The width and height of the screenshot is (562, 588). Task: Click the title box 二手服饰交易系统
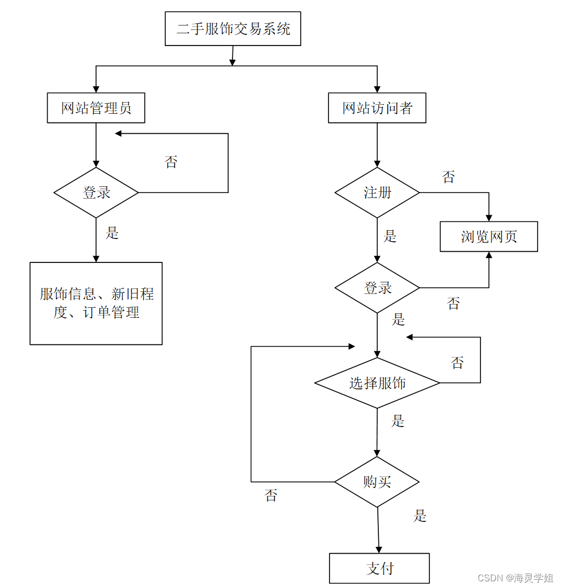point(233,29)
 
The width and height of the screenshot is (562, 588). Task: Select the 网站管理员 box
point(96,108)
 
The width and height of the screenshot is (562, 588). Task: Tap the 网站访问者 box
point(377,108)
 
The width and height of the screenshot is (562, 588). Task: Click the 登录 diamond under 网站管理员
point(96,192)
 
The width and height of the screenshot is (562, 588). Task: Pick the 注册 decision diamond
point(377,192)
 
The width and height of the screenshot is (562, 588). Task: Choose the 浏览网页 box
point(489,237)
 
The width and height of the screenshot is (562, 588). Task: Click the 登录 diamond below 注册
point(377,288)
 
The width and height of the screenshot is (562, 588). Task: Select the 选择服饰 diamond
point(377,383)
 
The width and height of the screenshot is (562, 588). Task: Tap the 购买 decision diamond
point(377,482)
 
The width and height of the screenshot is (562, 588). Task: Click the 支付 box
point(379,568)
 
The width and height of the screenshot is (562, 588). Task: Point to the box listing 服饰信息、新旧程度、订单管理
point(96,303)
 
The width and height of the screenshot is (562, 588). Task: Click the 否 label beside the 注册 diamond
point(448,178)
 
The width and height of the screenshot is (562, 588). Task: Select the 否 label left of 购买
point(271,495)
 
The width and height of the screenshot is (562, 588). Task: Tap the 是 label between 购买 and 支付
point(420,516)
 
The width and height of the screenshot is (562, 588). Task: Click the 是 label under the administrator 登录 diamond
point(112,233)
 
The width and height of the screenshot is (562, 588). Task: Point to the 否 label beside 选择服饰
point(457,363)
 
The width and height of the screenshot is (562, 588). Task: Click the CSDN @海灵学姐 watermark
point(515,578)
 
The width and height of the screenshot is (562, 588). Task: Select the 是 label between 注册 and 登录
point(390,236)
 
